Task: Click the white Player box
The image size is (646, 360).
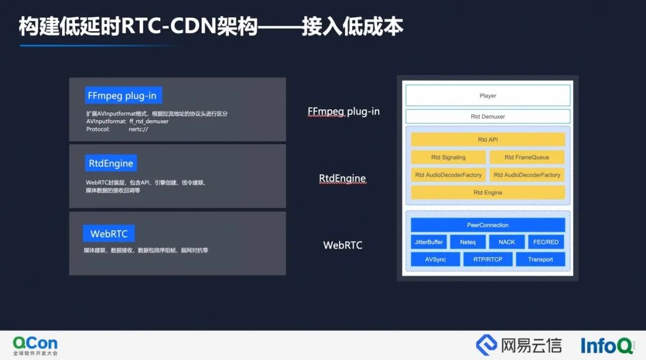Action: point(488,96)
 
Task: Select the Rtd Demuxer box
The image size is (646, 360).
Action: point(488,117)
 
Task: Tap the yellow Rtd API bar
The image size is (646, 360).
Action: point(488,139)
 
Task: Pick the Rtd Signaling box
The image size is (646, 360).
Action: point(448,157)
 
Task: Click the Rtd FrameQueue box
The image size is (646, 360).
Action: point(527,157)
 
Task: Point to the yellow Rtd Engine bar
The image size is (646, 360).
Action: point(488,193)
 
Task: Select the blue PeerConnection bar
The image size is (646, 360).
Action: point(488,225)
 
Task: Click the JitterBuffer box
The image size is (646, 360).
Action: point(428,242)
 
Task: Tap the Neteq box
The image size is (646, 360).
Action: point(468,242)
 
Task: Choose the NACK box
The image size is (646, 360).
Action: point(507,242)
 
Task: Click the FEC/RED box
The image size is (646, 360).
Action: point(546,242)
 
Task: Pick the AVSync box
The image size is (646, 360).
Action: point(435,260)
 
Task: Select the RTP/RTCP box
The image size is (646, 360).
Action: point(488,260)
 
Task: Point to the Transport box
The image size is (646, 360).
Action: point(541,260)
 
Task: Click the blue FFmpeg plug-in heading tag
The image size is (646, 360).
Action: point(123,96)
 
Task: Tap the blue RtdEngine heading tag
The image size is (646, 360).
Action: point(111,163)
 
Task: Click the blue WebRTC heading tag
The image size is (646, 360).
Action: point(109,234)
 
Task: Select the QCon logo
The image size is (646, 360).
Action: point(35,346)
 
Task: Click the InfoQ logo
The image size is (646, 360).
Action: point(607,346)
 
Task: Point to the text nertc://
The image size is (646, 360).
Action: point(138,129)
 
